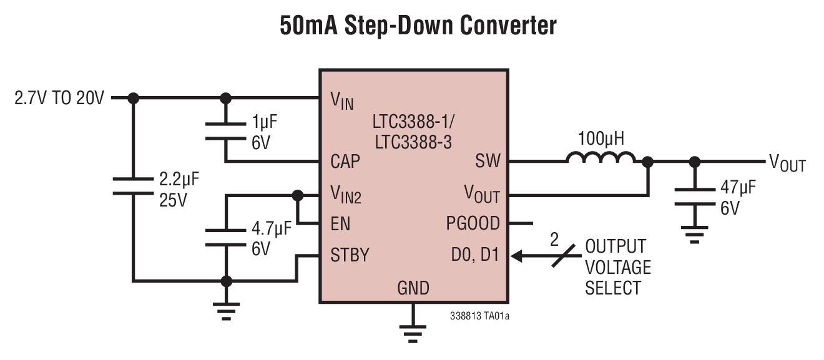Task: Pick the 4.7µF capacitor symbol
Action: tap(226, 237)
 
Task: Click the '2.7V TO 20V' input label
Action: tap(59, 99)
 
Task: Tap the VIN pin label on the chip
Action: tap(341, 100)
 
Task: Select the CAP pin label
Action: tap(345, 162)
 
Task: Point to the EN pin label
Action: tap(340, 223)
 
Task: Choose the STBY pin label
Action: tap(350, 255)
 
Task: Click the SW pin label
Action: tap(488, 162)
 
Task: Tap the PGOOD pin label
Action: tap(473, 223)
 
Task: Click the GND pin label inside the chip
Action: tap(413, 288)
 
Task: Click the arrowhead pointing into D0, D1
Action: tap(516, 255)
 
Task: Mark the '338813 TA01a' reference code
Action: tap(479, 316)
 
